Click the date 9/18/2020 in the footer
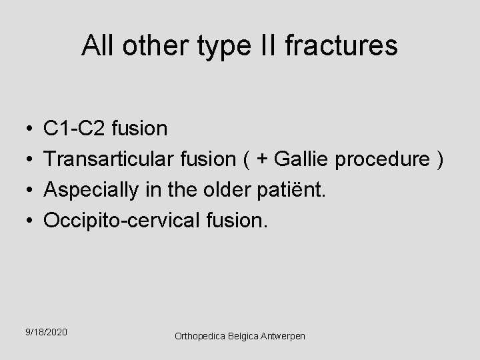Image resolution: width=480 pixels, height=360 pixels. click(x=47, y=332)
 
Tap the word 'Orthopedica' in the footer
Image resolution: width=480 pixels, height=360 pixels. click(x=197, y=337)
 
